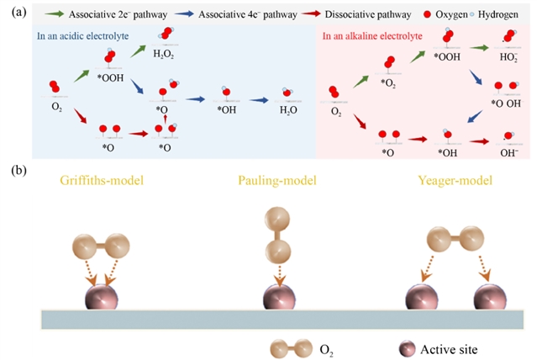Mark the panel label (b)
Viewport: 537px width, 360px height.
[11, 169]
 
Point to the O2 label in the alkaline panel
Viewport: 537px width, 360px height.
[336, 109]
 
